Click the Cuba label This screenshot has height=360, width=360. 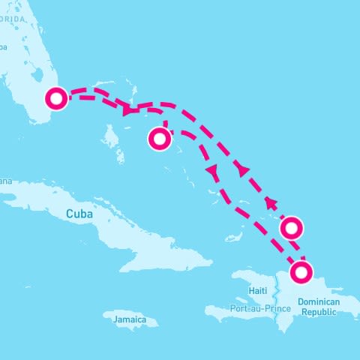[x=79, y=214]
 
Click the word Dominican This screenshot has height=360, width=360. [x=319, y=301]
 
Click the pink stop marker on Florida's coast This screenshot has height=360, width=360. [x=56, y=98]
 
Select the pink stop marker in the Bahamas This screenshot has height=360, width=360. [x=159, y=139]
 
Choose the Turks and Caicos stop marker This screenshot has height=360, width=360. [x=291, y=226]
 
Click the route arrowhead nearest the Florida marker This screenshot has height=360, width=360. [x=127, y=111]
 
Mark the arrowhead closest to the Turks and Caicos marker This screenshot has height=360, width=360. [x=270, y=202]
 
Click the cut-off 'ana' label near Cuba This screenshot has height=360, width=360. [x=5, y=181]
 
